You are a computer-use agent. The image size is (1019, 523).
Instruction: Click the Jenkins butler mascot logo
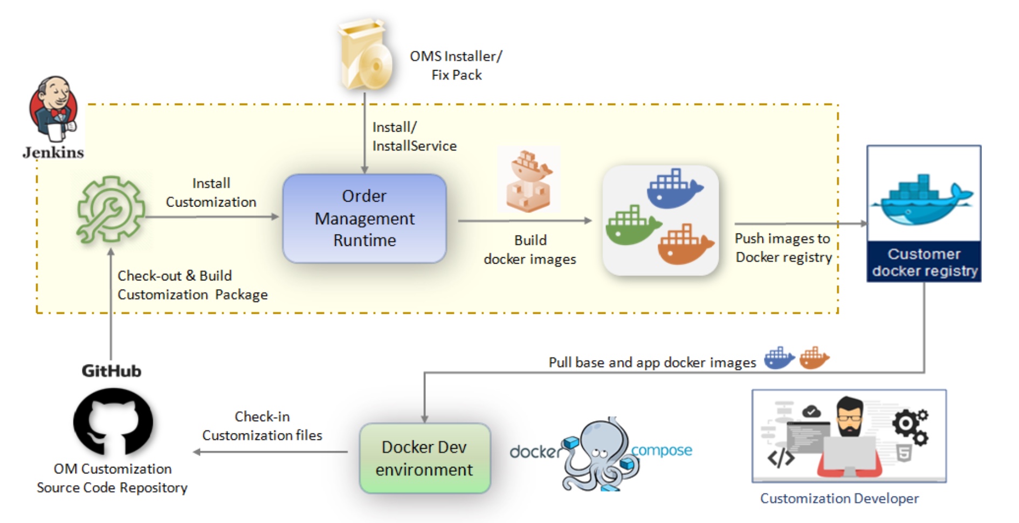(x=54, y=108)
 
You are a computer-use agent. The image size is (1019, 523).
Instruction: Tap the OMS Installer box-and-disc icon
(x=365, y=56)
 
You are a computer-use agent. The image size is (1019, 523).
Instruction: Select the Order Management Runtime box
(x=364, y=218)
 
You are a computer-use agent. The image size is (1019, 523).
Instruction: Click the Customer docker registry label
(x=924, y=262)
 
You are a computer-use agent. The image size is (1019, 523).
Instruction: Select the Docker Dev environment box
(x=424, y=458)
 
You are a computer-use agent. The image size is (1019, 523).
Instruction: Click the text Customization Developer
(x=839, y=498)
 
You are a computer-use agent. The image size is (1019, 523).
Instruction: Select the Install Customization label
(x=211, y=192)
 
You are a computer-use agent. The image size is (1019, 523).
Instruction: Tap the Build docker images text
(x=530, y=250)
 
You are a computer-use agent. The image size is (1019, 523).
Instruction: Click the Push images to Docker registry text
(x=783, y=247)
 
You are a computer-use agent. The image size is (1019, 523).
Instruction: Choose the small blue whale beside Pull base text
(x=779, y=358)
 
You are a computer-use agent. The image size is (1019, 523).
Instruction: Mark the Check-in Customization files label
(x=262, y=426)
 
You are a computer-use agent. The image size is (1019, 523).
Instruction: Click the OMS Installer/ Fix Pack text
(x=456, y=65)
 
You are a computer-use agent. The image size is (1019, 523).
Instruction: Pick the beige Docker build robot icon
(x=528, y=181)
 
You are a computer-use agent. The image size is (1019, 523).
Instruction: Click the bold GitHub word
(x=111, y=371)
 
